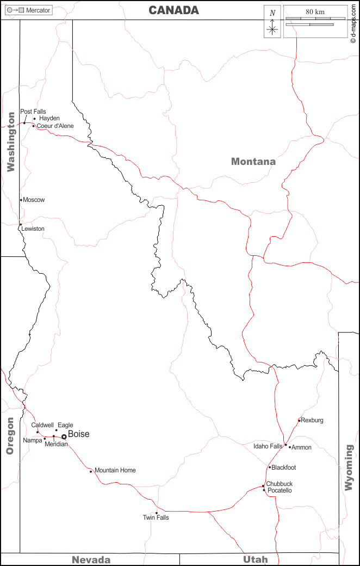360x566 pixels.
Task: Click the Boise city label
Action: (78, 434)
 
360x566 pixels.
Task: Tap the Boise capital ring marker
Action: (64, 436)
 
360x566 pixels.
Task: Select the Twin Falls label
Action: (156, 518)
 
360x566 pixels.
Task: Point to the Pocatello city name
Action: (279, 490)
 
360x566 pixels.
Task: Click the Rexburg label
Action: (312, 420)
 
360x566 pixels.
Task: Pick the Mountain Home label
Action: (115, 470)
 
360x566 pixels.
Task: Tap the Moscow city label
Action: (34, 200)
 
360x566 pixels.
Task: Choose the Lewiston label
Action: (33, 229)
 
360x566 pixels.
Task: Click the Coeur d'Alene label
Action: (55, 126)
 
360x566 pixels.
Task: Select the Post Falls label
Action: (33, 112)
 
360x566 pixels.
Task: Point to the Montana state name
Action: (253, 161)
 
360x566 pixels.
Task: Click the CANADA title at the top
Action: (174, 10)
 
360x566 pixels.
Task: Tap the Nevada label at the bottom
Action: (91, 559)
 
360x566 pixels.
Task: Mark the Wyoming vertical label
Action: (349, 468)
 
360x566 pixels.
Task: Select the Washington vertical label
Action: (10, 142)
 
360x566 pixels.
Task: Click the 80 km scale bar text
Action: (315, 12)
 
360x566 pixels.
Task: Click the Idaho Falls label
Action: (268, 446)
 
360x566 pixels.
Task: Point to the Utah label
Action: (256, 559)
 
